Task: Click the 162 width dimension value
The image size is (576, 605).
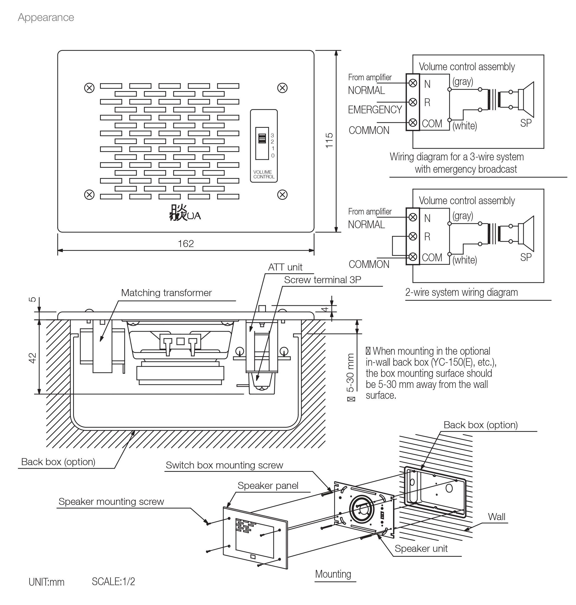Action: (x=186, y=244)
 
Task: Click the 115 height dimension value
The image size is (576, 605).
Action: (x=329, y=140)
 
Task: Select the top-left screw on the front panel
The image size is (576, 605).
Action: (x=89, y=88)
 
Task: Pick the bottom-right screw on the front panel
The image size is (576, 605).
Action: (x=282, y=194)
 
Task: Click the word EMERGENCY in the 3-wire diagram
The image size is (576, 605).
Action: (x=375, y=110)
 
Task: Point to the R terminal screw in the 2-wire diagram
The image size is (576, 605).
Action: (x=413, y=236)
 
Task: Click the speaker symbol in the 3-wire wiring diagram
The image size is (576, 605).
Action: (x=526, y=99)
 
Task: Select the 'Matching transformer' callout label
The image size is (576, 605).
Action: (x=166, y=293)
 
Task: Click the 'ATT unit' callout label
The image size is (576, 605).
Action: (x=285, y=267)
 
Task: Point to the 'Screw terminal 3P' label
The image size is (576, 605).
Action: (x=322, y=280)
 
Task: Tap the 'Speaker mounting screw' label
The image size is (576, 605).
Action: (x=111, y=502)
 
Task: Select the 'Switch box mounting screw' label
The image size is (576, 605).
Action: (x=224, y=465)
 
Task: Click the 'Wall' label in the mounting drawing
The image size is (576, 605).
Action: (x=496, y=517)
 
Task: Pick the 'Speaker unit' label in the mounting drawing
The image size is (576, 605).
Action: (x=421, y=548)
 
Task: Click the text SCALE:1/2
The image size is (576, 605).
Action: (x=113, y=582)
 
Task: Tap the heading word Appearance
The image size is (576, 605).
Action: (x=46, y=18)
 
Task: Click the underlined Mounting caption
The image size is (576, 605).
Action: (x=333, y=574)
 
